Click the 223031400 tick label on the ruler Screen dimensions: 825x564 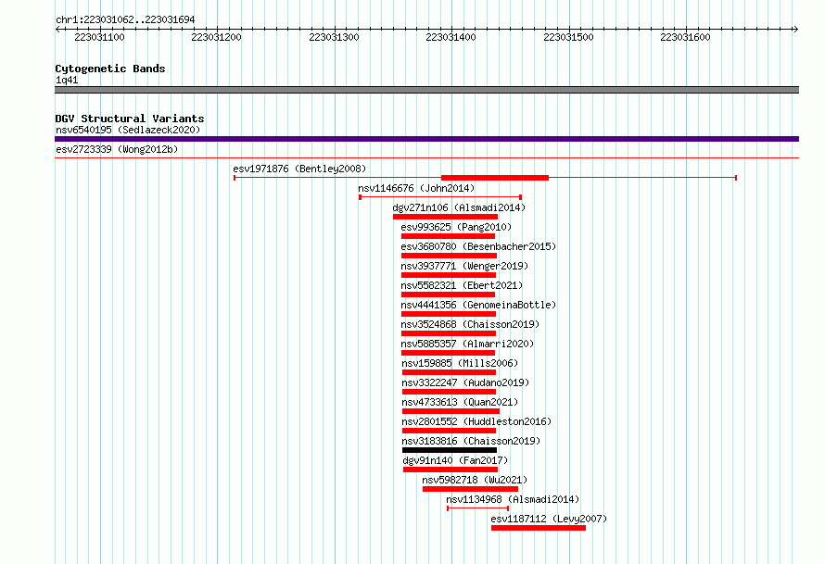(451, 37)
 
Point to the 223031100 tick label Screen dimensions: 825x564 (99, 37)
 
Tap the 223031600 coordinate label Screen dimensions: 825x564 (685, 37)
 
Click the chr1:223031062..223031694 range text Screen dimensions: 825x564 (125, 19)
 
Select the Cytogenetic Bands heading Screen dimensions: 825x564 (110, 69)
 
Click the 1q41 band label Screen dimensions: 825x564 (67, 80)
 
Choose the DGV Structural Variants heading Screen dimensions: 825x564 (130, 119)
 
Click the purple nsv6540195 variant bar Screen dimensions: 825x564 (426, 139)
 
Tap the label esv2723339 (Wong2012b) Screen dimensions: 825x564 (117, 149)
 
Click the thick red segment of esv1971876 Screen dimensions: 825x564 (495, 178)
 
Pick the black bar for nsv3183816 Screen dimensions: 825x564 (450, 450)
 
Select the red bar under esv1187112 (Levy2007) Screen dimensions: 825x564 (539, 528)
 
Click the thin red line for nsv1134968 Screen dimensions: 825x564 (477, 508)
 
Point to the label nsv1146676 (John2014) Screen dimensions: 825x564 (416, 188)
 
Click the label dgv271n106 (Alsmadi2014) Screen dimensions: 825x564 (459, 207)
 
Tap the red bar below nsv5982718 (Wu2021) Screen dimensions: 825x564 (470, 489)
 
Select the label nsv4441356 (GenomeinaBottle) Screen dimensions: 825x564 (478, 305)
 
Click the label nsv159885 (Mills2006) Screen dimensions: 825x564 (460, 363)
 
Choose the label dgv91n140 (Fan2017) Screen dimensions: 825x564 (455, 460)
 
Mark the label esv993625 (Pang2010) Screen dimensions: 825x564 (456, 227)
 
